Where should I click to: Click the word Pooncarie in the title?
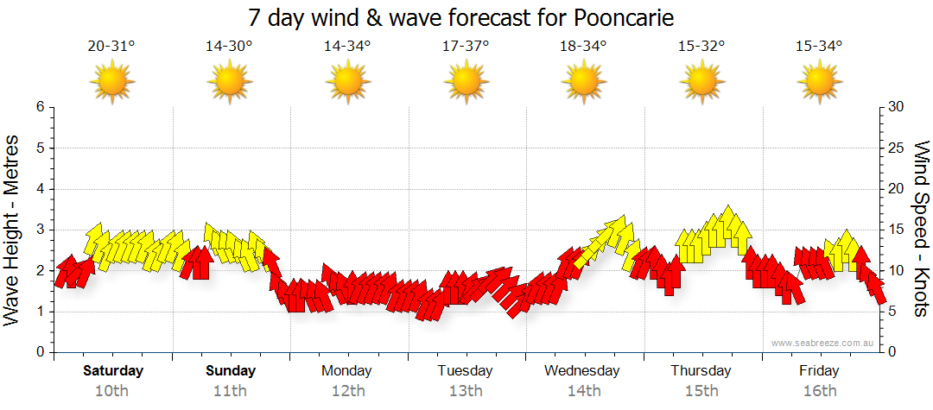(x=620, y=17)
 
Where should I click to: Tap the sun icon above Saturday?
(x=112, y=83)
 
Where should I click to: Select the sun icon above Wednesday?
(x=583, y=83)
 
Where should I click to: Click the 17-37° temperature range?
(x=466, y=47)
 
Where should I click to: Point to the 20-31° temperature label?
(x=111, y=47)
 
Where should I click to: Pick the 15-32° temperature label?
(x=701, y=47)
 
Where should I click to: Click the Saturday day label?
(x=112, y=371)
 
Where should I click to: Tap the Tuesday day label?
(x=465, y=371)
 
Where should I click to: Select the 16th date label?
(x=819, y=390)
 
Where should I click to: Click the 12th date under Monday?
(x=347, y=390)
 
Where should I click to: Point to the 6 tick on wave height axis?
(x=39, y=107)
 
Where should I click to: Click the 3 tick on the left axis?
(x=39, y=230)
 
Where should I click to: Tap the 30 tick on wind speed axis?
(x=896, y=107)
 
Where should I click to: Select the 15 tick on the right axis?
(x=896, y=230)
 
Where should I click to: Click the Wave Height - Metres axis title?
(x=13, y=230)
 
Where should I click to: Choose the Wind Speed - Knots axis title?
(x=921, y=230)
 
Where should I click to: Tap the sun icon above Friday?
(x=819, y=83)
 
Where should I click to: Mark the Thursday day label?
(x=701, y=371)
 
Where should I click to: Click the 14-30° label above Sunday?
(x=229, y=47)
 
